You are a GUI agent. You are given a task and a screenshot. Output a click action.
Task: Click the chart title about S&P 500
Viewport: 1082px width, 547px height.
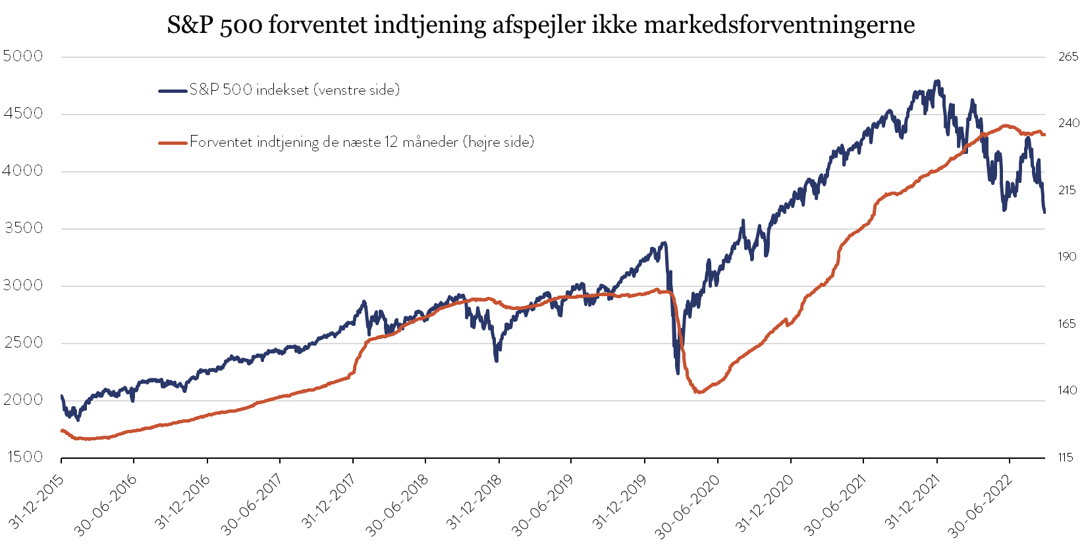pos(541,25)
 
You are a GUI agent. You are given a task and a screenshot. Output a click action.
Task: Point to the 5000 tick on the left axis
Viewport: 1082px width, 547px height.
pos(22,57)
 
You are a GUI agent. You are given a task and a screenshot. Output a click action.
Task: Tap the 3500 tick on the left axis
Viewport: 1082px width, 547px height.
pos(22,228)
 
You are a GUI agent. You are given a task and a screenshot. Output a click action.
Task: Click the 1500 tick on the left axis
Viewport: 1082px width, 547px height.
pos(22,457)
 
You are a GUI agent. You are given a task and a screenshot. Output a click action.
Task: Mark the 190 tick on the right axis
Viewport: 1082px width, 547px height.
pos(1068,257)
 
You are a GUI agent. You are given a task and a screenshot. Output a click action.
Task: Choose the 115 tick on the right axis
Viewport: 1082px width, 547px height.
pos(1066,457)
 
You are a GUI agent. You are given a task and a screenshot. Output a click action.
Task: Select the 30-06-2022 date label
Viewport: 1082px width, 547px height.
pos(979,504)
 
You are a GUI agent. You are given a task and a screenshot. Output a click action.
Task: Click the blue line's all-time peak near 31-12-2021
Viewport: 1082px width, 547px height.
pos(937,81)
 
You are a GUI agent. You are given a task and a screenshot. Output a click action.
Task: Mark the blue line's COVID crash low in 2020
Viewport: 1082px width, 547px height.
pos(678,373)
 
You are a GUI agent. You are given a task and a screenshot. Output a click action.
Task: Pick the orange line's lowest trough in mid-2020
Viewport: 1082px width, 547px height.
pos(699,392)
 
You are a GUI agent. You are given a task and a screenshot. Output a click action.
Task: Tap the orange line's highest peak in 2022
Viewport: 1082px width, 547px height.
pos(1006,126)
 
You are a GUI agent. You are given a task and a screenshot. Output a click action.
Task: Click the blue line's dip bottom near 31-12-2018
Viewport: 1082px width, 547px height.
pos(497,360)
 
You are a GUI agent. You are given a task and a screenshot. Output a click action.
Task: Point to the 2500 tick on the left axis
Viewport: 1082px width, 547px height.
pos(22,343)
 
